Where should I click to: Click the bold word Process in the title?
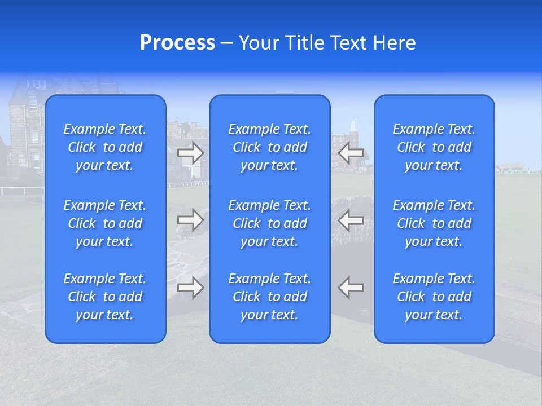pos(177,43)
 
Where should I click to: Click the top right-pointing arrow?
pos(191,152)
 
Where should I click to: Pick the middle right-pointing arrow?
pos(191,219)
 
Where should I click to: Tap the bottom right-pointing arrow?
pos(191,288)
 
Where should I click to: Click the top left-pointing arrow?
pos(351,152)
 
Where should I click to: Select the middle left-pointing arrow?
pos(351,219)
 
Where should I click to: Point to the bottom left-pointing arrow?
pos(351,288)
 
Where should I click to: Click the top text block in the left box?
pos(105,147)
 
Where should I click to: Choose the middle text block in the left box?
pos(105,223)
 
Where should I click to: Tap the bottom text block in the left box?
pos(105,297)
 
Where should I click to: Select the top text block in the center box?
pos(270,147)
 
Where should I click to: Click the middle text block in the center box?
pos(270,223)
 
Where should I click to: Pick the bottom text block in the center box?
pos(270,297)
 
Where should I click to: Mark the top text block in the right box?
pos(434,147)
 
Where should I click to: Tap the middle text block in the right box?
pos(434,223)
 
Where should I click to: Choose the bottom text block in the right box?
pos(434,297)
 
